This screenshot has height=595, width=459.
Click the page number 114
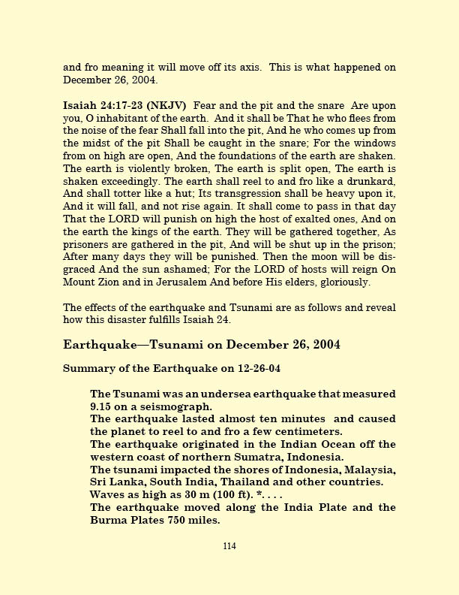229,546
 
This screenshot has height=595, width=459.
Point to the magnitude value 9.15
103,406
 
